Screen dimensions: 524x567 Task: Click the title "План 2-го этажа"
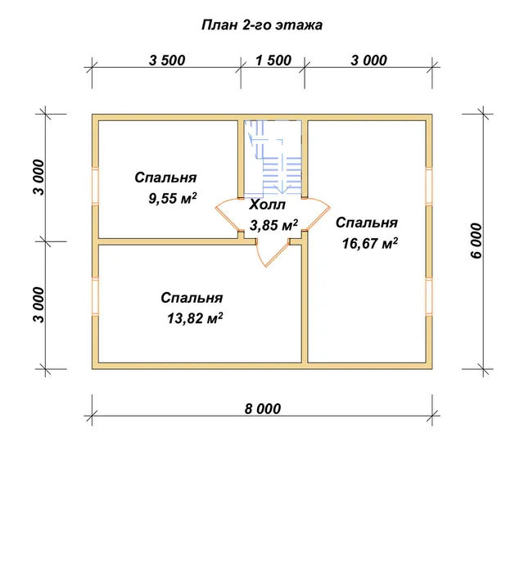[262, 25]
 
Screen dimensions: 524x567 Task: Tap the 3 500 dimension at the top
[167, 61]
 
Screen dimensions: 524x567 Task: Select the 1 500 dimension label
[273, 61]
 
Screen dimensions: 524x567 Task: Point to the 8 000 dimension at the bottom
[262, 408]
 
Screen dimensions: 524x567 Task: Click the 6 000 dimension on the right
[477, 241]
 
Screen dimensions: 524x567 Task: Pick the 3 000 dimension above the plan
[368, 61]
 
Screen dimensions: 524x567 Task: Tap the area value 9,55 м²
[173, 198]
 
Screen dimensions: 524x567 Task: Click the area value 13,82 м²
[195, 318]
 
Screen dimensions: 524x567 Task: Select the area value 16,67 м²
[370, 243]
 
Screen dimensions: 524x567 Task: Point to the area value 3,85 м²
[273, 225]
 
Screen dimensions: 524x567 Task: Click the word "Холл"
[267, 205]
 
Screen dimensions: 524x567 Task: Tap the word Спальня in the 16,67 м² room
[367, 223]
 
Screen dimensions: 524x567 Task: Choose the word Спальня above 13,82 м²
[192, 298]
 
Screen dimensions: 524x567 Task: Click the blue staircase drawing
[273, 156]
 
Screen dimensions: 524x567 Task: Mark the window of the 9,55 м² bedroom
[95, 186]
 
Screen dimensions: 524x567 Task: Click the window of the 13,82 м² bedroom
[95, 297]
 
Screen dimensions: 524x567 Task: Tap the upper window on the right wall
[429, 186]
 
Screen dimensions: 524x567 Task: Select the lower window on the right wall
[429, 297]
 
